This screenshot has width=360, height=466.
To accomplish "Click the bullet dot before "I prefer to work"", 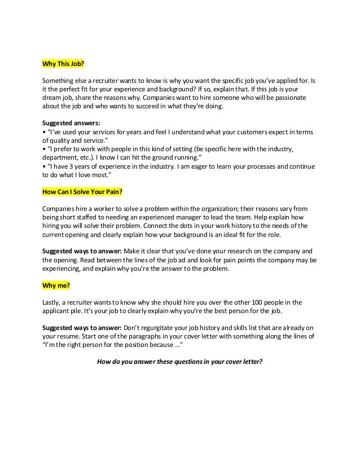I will [x=45, y=142].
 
